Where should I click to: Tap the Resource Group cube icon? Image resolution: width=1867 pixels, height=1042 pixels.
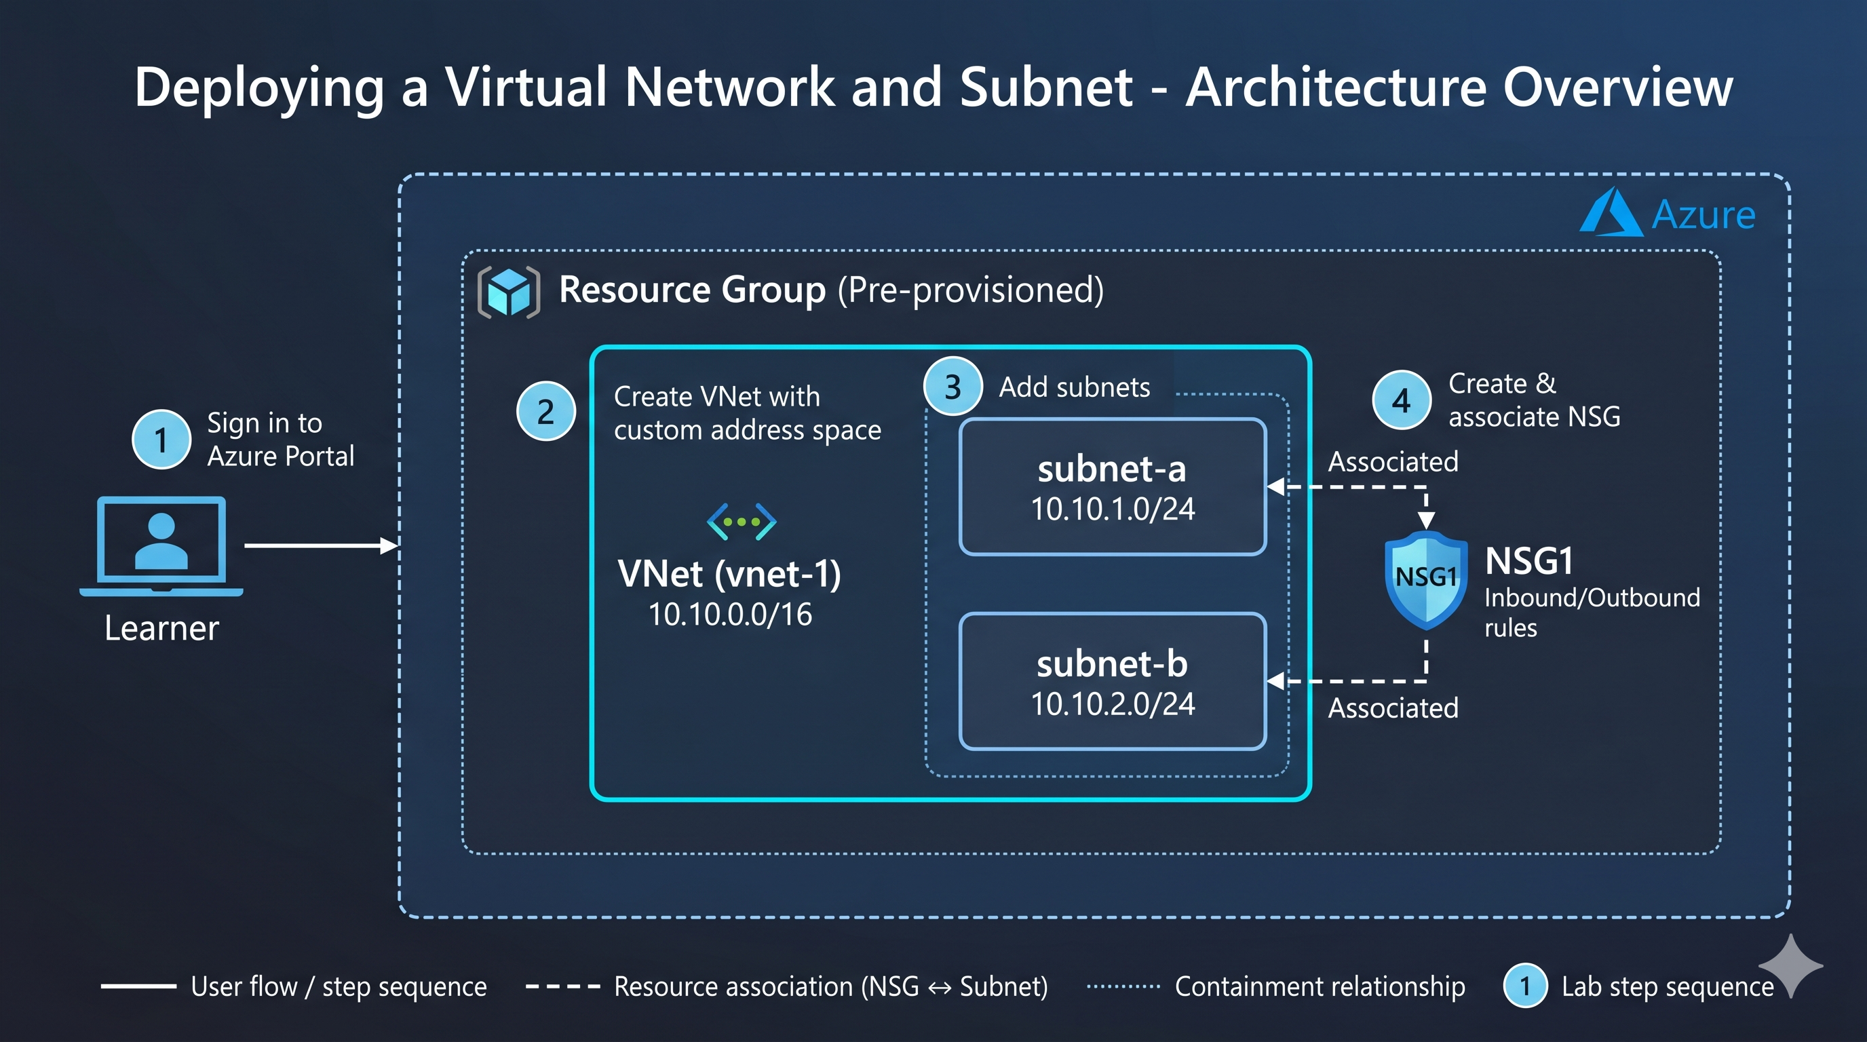[509, 292]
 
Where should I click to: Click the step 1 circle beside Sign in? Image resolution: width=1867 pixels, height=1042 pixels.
[161, 440]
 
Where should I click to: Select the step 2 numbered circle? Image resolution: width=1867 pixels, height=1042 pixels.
[545, 411]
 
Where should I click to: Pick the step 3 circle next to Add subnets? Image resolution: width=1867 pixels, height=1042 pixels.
[953, 386]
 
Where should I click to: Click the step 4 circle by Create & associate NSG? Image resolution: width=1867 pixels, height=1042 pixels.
[1402, 400]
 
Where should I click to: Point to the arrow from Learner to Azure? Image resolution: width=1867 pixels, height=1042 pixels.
[322, 545]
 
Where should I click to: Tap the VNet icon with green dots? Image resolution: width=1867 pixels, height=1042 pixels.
[742, 522]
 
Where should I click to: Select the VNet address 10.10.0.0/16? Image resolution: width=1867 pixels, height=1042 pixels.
[730, 615]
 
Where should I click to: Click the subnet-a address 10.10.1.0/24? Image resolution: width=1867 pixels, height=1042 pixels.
[1113, 509]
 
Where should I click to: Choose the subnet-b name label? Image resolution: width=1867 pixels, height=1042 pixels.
[1112, 663]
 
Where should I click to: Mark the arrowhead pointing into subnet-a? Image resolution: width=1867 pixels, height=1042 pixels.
[1275, 487]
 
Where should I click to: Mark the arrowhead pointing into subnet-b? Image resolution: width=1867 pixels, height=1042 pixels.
[1275, 681]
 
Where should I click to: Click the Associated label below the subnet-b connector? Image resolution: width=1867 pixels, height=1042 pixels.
[1393, 708]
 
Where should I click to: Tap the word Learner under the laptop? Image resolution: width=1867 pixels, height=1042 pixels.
[161, 628]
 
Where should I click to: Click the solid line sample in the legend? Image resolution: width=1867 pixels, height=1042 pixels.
[138, 986]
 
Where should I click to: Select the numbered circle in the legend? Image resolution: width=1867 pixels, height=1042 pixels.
[1525, 986]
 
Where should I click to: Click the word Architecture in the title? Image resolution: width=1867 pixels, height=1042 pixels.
[1335, 87]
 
